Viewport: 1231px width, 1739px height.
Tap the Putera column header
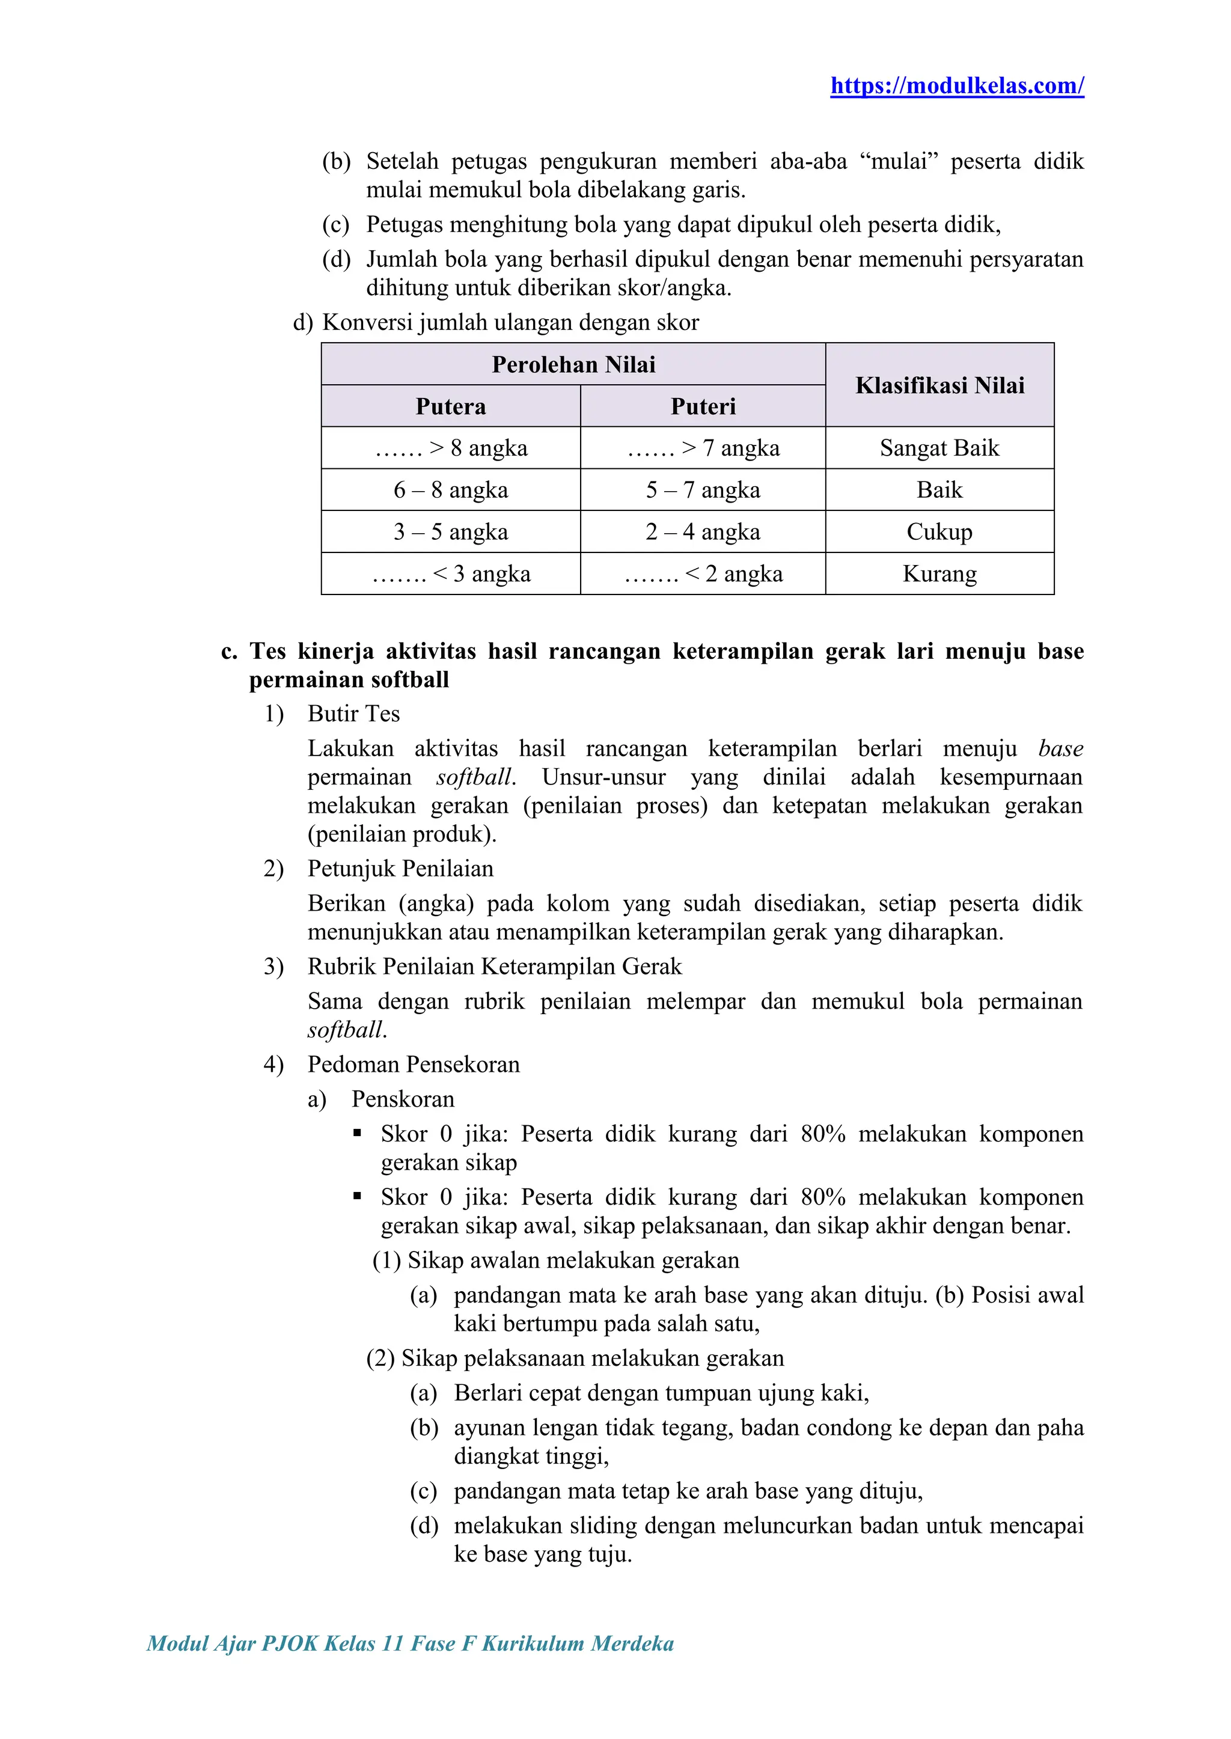(x=450, y=406)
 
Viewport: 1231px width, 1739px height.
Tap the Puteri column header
(x=703, y=406)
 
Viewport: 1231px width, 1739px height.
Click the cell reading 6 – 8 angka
(x=450, y=490)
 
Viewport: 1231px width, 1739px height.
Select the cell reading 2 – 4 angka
(x=703, y=531)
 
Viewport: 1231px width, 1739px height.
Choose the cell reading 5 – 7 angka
(x=703, y=490)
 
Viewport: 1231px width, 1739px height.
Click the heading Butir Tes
(x=353, y=714)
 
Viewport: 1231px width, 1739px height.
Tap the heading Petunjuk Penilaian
(x=400, y=868)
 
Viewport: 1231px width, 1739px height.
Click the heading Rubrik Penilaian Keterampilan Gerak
(x=494, y=967)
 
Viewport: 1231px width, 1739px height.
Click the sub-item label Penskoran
(x=403, y=1099)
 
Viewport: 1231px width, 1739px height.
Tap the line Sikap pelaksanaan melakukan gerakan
(x=592, y=1358)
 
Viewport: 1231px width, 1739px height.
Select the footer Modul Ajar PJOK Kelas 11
(x=410, y=1643)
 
